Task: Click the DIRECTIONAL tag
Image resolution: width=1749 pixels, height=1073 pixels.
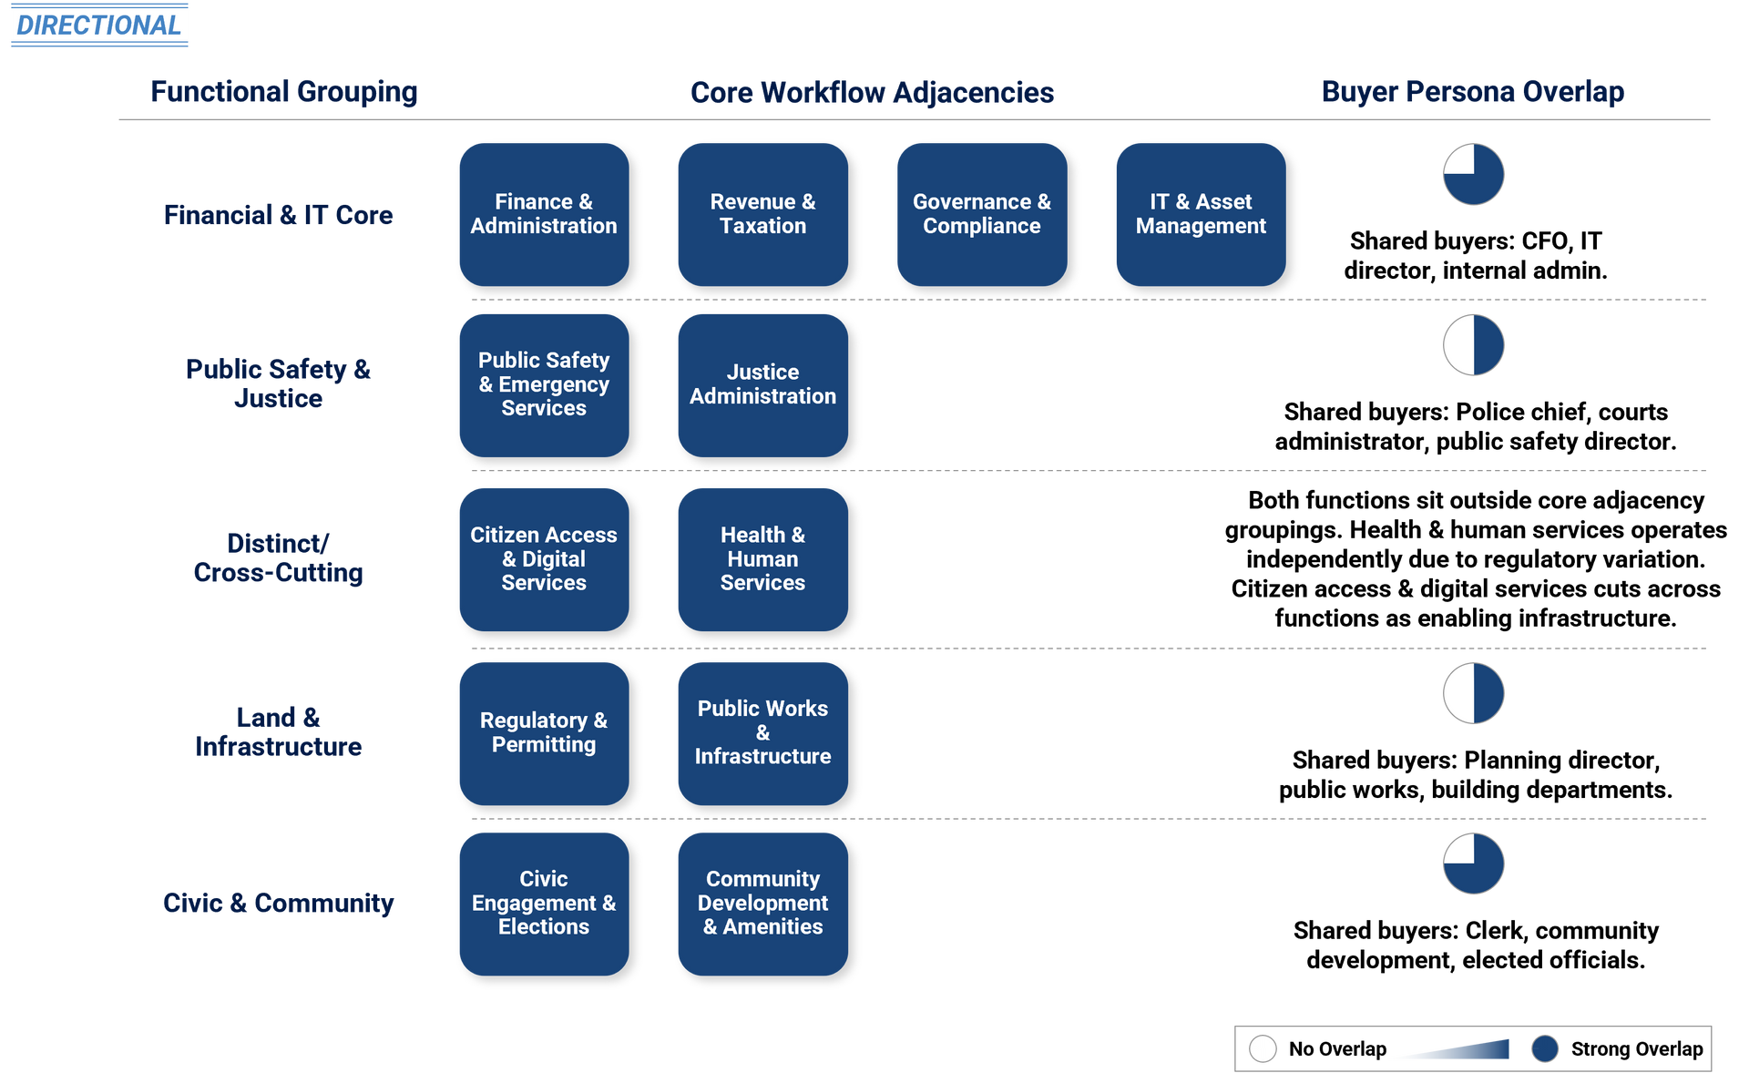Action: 99,25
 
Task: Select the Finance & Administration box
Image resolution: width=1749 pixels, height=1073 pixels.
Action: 544,214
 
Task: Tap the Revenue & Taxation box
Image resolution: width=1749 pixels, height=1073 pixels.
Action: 762,214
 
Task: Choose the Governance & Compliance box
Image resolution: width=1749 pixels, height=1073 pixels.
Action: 981,214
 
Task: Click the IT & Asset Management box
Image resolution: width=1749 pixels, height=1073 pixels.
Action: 1201,214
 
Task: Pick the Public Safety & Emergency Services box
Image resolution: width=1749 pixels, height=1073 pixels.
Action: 544,384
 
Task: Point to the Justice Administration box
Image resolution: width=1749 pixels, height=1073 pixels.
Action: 762,384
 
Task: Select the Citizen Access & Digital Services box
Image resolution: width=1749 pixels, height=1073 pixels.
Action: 544,558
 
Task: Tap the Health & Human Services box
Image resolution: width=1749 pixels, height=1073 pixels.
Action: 762,558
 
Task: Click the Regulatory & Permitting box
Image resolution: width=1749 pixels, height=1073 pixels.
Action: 544,732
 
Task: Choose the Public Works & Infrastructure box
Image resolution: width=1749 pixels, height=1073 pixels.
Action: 762,732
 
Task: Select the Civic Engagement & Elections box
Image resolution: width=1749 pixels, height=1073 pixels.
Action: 544,903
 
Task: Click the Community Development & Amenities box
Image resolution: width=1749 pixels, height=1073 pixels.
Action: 762,903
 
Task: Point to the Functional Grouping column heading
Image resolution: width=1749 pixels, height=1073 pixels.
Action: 283,92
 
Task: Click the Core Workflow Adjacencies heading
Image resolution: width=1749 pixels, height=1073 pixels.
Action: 872,92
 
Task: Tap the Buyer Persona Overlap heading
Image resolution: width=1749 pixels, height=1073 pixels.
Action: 1472,92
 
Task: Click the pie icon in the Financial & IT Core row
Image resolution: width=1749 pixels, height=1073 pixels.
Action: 1473,174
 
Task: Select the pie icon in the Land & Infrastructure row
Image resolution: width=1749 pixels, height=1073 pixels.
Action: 1473,693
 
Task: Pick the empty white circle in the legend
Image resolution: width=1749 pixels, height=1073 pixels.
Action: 1263,1048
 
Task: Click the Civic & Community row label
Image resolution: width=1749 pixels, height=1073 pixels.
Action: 279,903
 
